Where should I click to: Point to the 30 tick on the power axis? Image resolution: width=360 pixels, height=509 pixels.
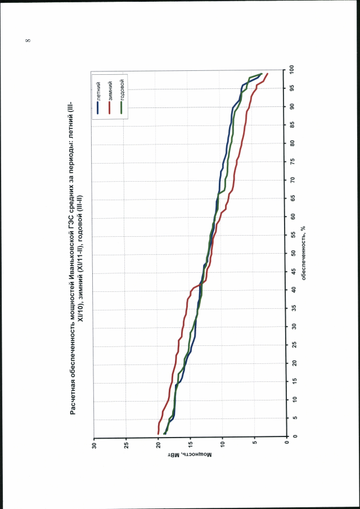[94, 445]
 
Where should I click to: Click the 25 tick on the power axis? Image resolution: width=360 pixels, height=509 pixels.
[127, 445]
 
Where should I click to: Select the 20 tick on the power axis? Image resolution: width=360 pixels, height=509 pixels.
[159, 445]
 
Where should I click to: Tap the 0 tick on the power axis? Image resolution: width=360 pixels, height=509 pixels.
[287, 445]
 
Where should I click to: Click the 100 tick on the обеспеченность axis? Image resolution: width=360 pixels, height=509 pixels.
[292, 70]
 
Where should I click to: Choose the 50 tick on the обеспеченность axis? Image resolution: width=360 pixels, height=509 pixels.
[292, 253]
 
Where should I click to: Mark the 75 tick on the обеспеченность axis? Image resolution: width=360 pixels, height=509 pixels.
[292, 161]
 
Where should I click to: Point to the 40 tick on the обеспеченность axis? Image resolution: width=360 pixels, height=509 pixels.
[292, 290]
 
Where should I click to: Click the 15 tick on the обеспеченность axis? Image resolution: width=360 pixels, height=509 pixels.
[292, 381]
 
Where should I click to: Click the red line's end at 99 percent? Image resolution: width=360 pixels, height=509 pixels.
[268, 74]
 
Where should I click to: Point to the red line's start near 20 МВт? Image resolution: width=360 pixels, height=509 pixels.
[159, 434]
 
